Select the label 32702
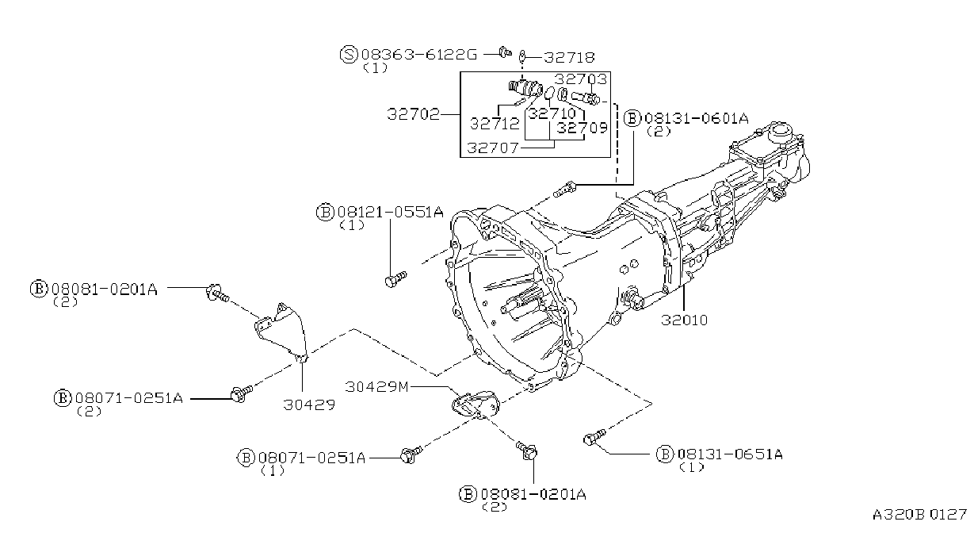(x=413, y=114)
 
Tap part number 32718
(x=568, y=57)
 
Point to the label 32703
(x=580, y=79)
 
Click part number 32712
(x=495, y=124)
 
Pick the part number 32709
(x=582, y=126)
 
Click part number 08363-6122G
(x=419, y=55)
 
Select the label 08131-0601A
(x=697, y=119)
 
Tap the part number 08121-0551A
(x=389, y=212)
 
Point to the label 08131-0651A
(x=729, y=454)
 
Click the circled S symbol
(x=349, y=55)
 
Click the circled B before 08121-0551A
(x=324, y=212)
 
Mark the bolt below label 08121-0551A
(x=394, y=278)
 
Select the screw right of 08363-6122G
(x=504, y=53)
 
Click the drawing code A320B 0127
(x=921, y=513)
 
